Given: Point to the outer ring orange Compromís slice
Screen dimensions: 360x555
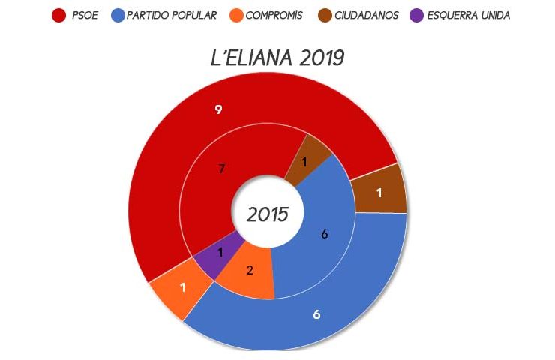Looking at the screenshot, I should (x=177, y=289).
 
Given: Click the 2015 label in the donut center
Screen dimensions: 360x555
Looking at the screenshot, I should (x=268, y=214).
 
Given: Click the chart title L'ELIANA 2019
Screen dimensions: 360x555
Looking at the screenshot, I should (x=277, y=58).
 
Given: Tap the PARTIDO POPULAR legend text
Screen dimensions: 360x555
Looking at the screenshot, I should (x=172, y=15).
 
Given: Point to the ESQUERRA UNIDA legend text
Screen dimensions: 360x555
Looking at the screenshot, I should (x=468, y=15).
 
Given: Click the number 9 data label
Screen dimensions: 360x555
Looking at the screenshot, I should (x=218, y=109).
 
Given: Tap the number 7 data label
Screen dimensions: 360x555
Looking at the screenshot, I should (x=221, y=169).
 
